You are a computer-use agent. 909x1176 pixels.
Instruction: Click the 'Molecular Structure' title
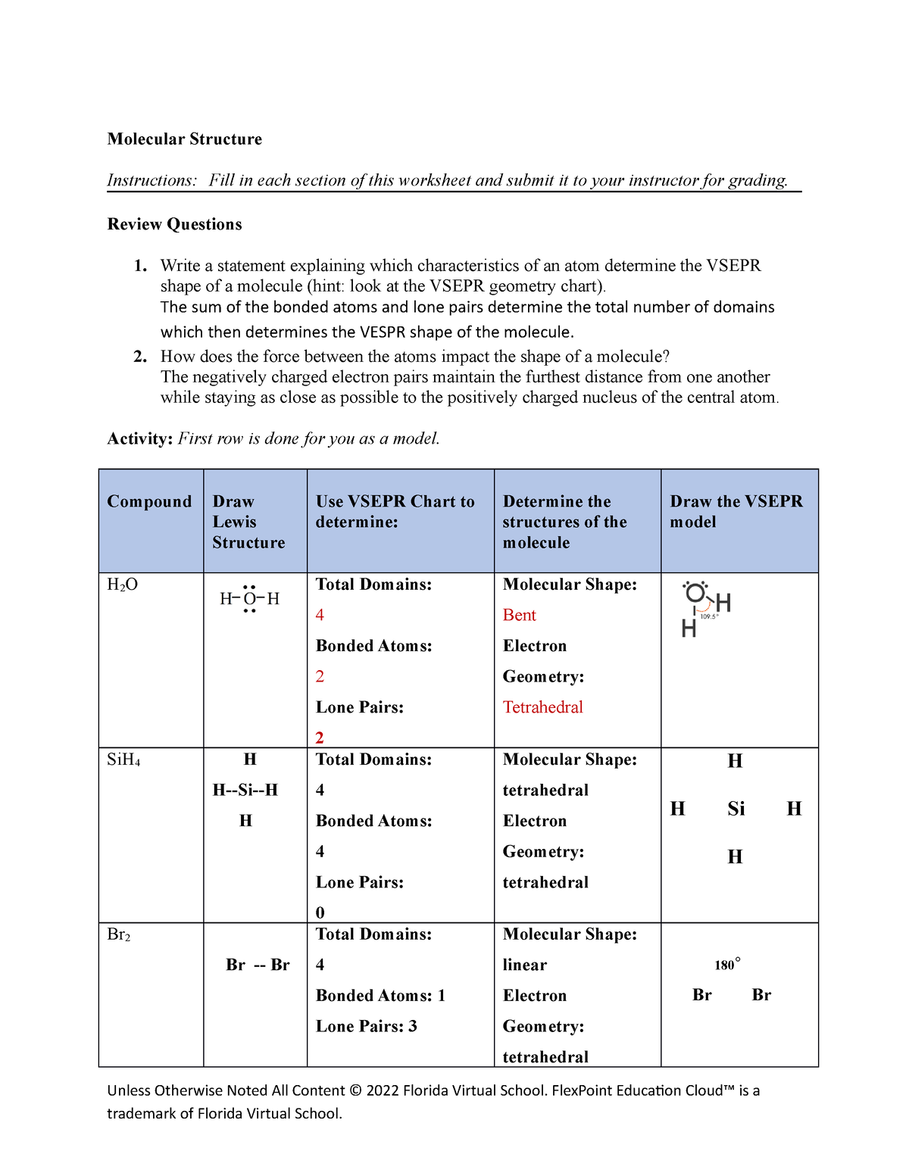tap(184, 139)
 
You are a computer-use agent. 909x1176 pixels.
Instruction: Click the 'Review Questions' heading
tap(174, 224)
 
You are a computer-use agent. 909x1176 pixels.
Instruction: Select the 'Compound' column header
tap(149, 501)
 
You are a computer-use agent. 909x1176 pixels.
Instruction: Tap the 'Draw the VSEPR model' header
tap(736, 511)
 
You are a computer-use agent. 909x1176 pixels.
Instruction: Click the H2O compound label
tap(122, 585)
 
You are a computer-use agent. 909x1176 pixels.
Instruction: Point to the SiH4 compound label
tap(123, 760)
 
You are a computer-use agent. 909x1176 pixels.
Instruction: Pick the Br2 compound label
tap(119, 934)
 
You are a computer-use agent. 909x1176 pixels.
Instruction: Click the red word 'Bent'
tap(519, 615)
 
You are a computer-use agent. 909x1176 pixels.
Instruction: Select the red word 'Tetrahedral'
tap(542, 707)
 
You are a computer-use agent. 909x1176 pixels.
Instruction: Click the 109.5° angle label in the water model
tap(708, 616)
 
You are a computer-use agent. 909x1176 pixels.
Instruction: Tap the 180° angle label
tap(726, 964)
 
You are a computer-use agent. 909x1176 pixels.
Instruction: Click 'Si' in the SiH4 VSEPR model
tap(736, 809)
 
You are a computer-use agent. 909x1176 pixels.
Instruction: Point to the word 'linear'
tap(524, 965)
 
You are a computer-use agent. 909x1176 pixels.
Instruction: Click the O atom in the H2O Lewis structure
tap(249, 599)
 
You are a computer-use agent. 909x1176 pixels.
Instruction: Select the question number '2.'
tap(140, 357)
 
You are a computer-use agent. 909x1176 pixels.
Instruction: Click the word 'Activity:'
tap(140, 439)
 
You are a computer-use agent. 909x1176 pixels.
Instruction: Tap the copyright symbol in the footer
tap(355, 1090)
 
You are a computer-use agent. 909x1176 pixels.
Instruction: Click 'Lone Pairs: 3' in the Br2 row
tap(366, 1026)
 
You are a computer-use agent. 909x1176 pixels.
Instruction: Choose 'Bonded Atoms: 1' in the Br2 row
tap(380, 996)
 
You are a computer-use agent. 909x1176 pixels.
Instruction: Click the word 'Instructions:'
tap(151, 180)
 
